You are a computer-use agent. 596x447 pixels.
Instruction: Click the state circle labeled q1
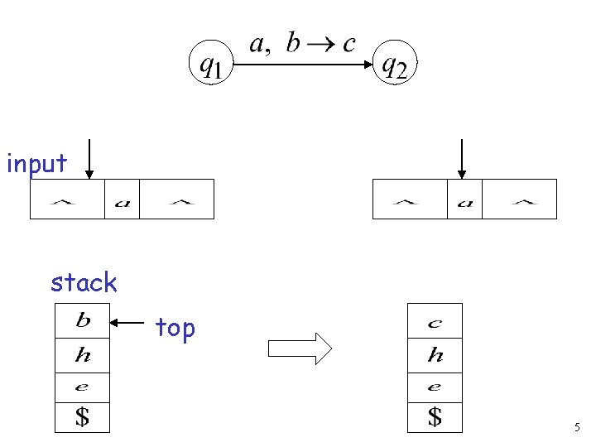[212, 64]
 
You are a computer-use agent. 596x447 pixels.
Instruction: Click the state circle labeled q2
[393, 64]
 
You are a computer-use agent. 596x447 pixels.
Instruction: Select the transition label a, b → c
[301, 44]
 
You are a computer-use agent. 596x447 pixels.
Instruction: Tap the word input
[36, 164]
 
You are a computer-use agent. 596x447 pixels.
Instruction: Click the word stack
[84, 283]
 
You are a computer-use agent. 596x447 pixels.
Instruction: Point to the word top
[175, 329]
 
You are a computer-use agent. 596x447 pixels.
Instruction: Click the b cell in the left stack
[83, 320]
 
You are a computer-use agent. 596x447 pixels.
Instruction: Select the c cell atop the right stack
[435, 321]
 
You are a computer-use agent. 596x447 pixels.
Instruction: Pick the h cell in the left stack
[83, 355]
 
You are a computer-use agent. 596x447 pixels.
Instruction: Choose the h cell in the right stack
[435, 356]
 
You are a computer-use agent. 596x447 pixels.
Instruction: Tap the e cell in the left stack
[83, 386]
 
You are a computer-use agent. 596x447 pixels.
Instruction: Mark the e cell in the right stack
[435, 387]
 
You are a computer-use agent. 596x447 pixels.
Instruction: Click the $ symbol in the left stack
[83, 417]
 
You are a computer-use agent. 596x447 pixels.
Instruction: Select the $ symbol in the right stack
[435, 417]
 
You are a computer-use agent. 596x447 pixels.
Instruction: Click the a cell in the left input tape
[122, 199]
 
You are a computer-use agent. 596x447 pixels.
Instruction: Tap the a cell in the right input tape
[464, 199]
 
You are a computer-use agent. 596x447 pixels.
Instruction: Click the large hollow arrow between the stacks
[300, 348]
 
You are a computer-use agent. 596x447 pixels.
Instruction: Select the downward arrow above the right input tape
[461, 159]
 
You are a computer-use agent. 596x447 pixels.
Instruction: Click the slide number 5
[577, 428]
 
